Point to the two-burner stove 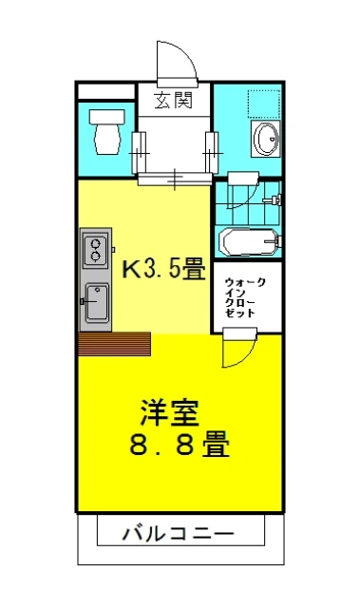coord(96,250)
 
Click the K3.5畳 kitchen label coord(163,269)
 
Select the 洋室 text coord(169,413)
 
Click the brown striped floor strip coord(115,342)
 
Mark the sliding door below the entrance coord(174,177)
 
